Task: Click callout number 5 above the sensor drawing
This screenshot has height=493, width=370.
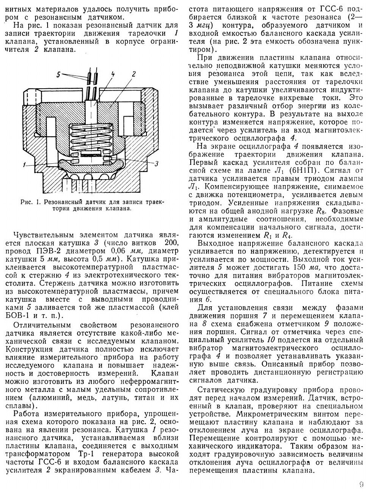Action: [x=59, y=75]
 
